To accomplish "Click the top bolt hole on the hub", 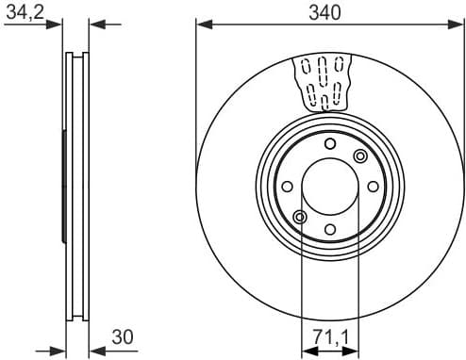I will (x=329, y=143).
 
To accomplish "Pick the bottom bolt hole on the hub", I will (x=329, y=229).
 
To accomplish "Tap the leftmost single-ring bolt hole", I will (x=286, y=186).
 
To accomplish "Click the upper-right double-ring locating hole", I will (x=359, y=155).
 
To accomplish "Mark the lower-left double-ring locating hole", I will (x=299, y=217).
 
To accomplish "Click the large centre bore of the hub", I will (x=329, y=186).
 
